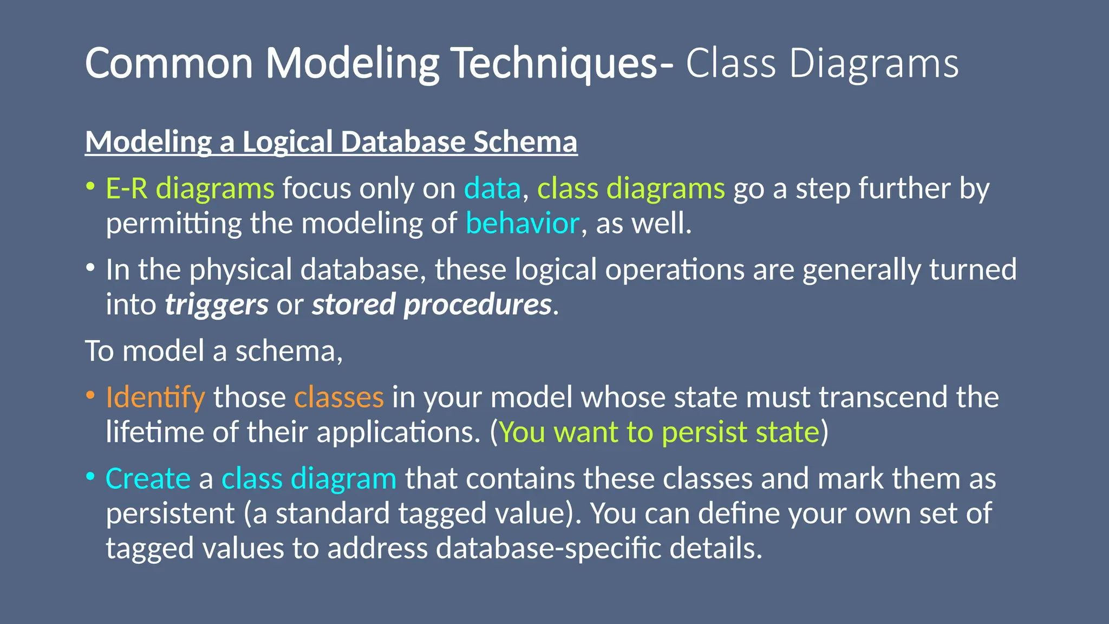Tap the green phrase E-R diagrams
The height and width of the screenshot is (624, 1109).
(190, 188)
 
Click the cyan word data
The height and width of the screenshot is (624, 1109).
(492, 188)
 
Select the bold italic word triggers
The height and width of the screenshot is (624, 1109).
(217, 304)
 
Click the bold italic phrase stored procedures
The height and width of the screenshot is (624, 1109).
(432, 304)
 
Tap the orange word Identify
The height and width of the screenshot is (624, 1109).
(155, 397)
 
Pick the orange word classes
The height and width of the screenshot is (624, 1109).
(339, 397)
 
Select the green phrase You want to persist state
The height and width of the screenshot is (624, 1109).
(659, 432)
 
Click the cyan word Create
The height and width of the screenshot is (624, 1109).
(148, 479)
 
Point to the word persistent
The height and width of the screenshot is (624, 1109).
(170, 513)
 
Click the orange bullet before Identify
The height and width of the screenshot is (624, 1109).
(90, 395)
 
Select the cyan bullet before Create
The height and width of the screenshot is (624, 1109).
(90, 477)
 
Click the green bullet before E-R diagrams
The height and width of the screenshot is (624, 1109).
(90, 187)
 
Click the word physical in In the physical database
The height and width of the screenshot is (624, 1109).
(240, 270)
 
